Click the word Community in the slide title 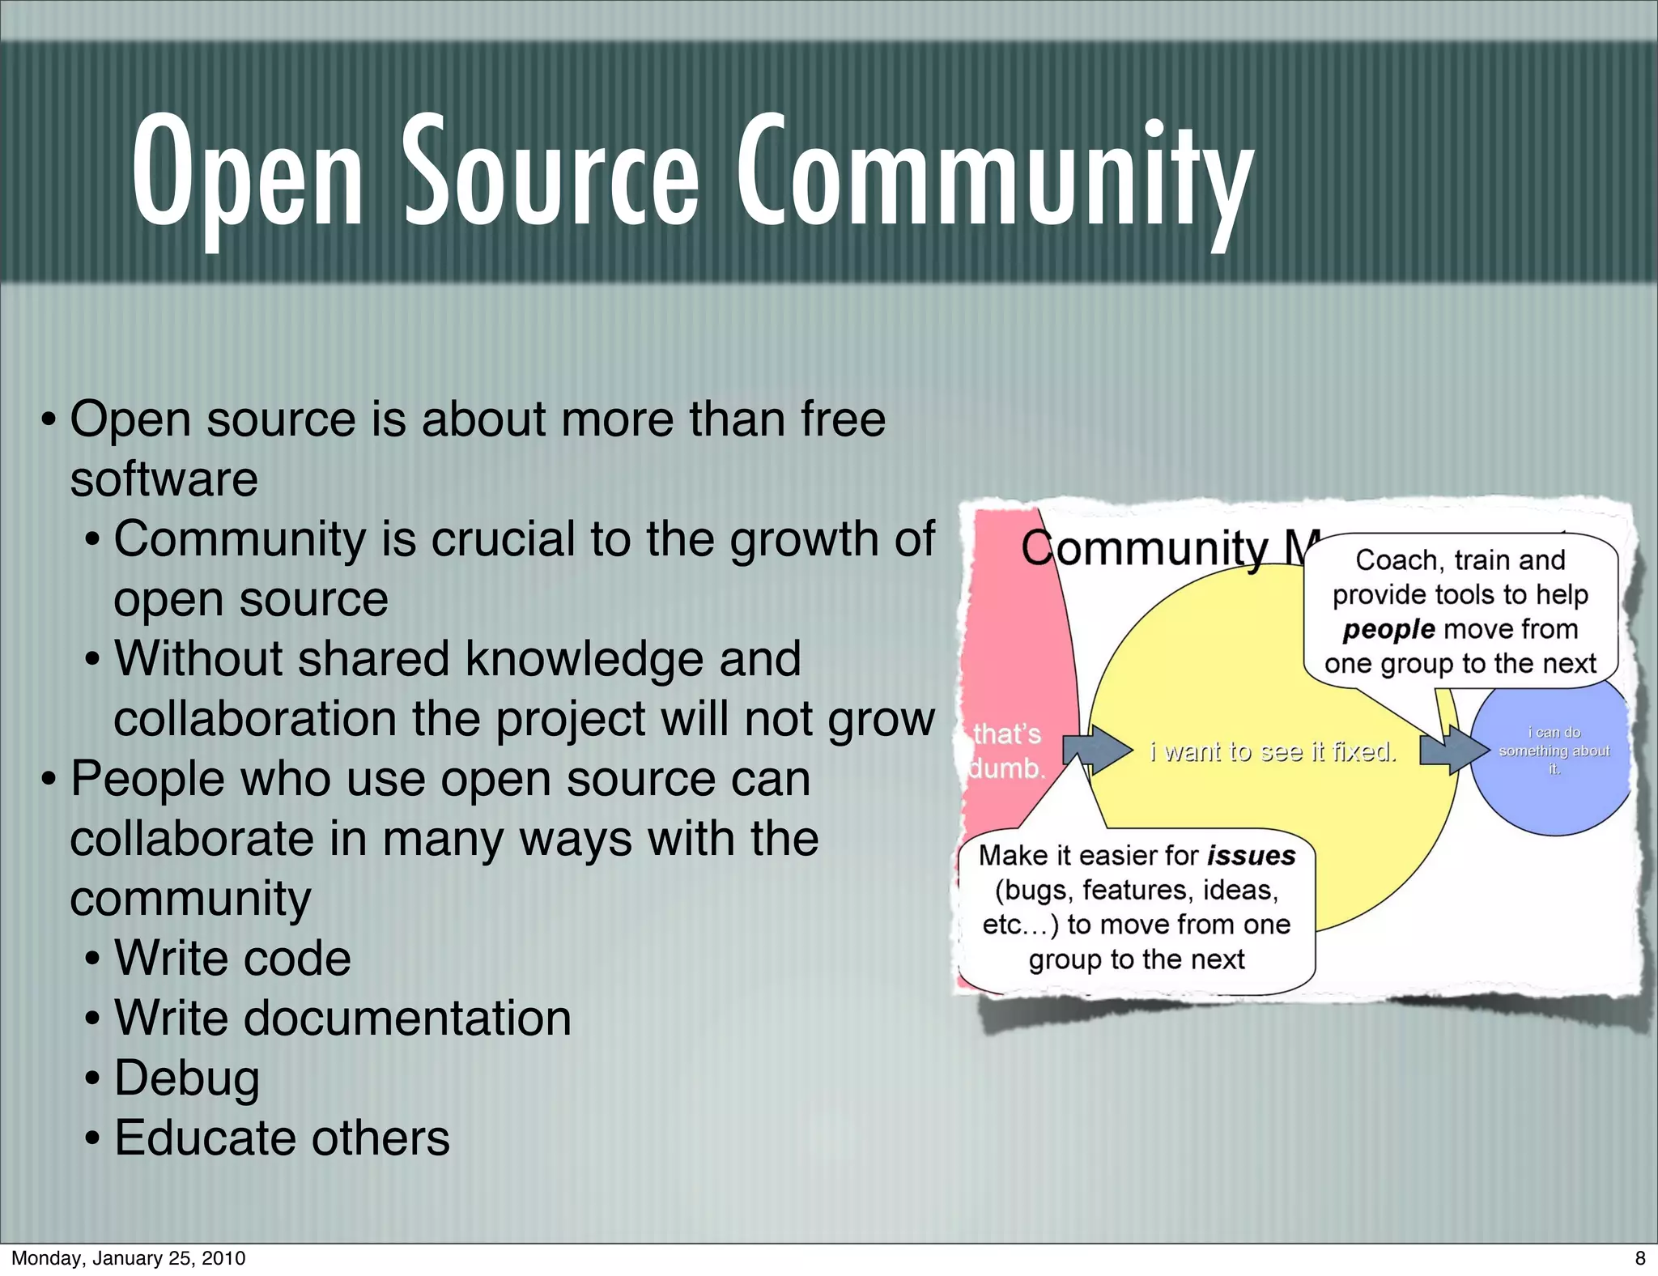[994, 174]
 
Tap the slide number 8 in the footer [1639, 1257]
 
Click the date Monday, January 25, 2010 [128, 1257]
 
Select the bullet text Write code [232, 959]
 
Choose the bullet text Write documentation [342, 1019]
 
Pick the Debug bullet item [187, 1078]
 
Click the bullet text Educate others [282, 1138]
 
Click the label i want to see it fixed [1273, 752]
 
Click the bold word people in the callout [1388, 629]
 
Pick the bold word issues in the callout [1251, 856]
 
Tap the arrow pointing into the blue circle [1453, 751]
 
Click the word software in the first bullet [164, 479]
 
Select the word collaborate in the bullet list [191, 839]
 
